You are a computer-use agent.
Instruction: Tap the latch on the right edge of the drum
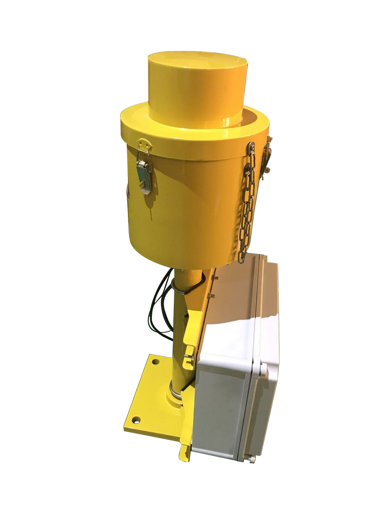[x=267, y=157]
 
